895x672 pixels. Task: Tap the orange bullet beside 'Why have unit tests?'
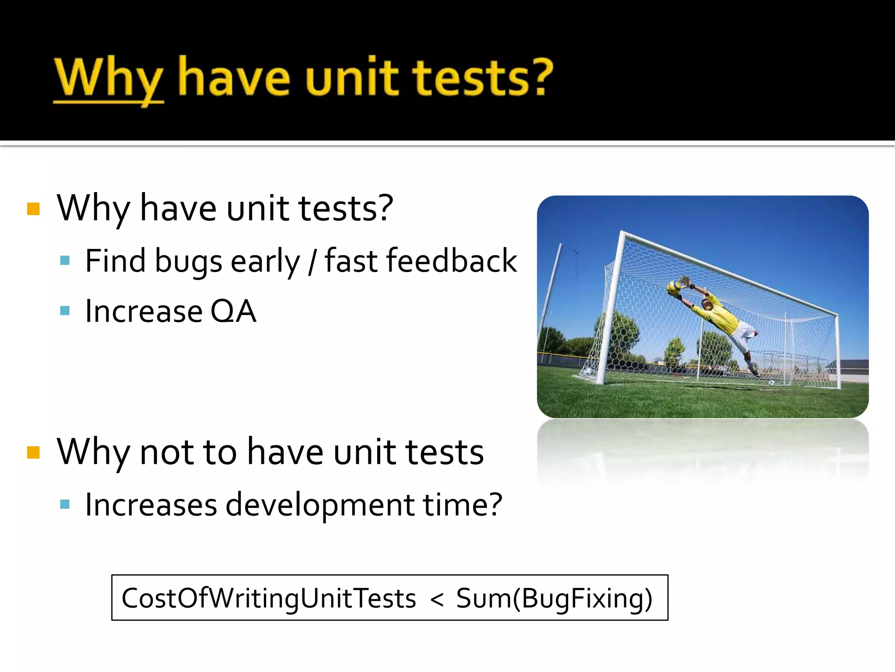point(33,209)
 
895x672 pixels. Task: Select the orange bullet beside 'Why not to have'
point(33,452)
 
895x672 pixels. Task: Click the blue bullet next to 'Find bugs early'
point(65,261)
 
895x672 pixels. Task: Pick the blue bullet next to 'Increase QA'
point(65,311)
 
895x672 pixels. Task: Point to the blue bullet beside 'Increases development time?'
point(65,504)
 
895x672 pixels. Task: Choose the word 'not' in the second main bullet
point(167,452)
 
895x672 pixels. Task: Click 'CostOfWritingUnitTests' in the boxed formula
point(269,598)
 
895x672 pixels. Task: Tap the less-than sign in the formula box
point(437,598)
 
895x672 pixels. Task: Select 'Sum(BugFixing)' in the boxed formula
point(554,598)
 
